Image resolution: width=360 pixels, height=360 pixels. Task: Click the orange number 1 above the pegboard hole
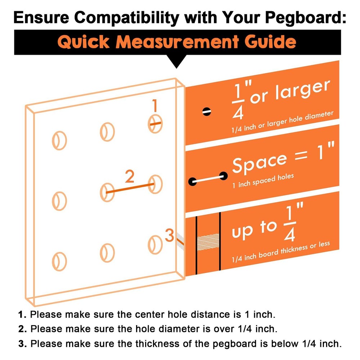coord(155,106)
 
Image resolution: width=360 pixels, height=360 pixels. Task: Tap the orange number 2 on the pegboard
coord(130,177)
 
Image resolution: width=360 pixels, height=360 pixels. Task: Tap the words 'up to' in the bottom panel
coord(254,229)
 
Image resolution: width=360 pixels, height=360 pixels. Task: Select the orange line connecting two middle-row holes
coord(131,188)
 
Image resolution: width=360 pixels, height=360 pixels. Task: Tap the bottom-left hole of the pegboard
coord(60,261)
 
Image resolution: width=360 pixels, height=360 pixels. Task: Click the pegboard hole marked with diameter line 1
coord(155,124)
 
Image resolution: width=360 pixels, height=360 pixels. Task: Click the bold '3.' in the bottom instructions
coord(23,344)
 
